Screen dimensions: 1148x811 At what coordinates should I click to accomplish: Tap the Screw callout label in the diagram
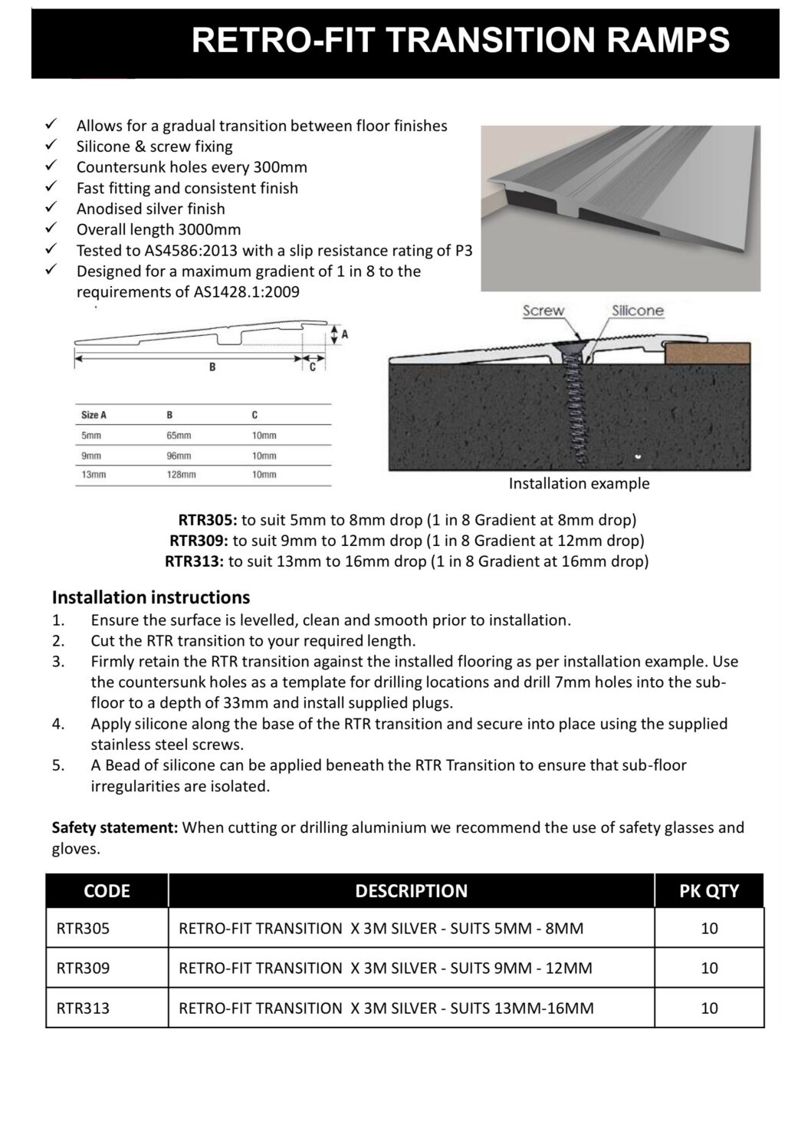click(543, 311)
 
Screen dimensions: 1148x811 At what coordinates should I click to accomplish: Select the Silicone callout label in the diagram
click(638, 311)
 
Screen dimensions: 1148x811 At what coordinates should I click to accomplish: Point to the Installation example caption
click(579, 484)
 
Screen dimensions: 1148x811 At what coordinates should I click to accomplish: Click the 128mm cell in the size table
click(181, 475)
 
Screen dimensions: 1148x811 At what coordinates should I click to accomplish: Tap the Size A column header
click(94, 415)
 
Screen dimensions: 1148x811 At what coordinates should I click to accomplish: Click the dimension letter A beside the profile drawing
click(344, 334)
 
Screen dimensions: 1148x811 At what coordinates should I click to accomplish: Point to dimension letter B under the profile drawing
click(212, 367)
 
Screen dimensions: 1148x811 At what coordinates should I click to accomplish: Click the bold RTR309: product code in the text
click(198, 541)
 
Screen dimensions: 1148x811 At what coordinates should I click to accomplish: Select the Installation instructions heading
click(150, 597)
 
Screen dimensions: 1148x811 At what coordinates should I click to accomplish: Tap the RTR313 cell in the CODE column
click(83, 1008)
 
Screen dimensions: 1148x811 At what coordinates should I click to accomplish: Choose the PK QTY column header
click(709, 890)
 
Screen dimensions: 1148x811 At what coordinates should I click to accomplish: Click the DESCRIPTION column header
click(411, 890)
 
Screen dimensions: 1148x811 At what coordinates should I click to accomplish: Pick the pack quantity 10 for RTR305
click(709, 928)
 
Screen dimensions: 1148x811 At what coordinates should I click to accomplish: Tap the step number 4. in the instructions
click(58, 723)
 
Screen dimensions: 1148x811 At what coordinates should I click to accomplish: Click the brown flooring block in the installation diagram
click(706, 354)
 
